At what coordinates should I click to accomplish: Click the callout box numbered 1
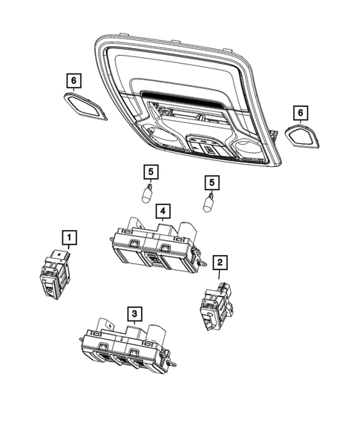(x=68, y=237)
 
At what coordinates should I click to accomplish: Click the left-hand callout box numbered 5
(x=151, y=172)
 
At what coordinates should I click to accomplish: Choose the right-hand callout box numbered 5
(x=212, y=181)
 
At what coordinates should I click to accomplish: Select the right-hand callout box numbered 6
(x=300, y=113)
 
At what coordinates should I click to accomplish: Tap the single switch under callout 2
(x=213, y=305)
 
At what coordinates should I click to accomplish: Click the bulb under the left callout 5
(x=148, y=197)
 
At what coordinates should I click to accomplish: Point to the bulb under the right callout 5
(x=210, y=202)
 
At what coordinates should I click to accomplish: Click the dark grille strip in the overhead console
(x=177, y=99)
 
